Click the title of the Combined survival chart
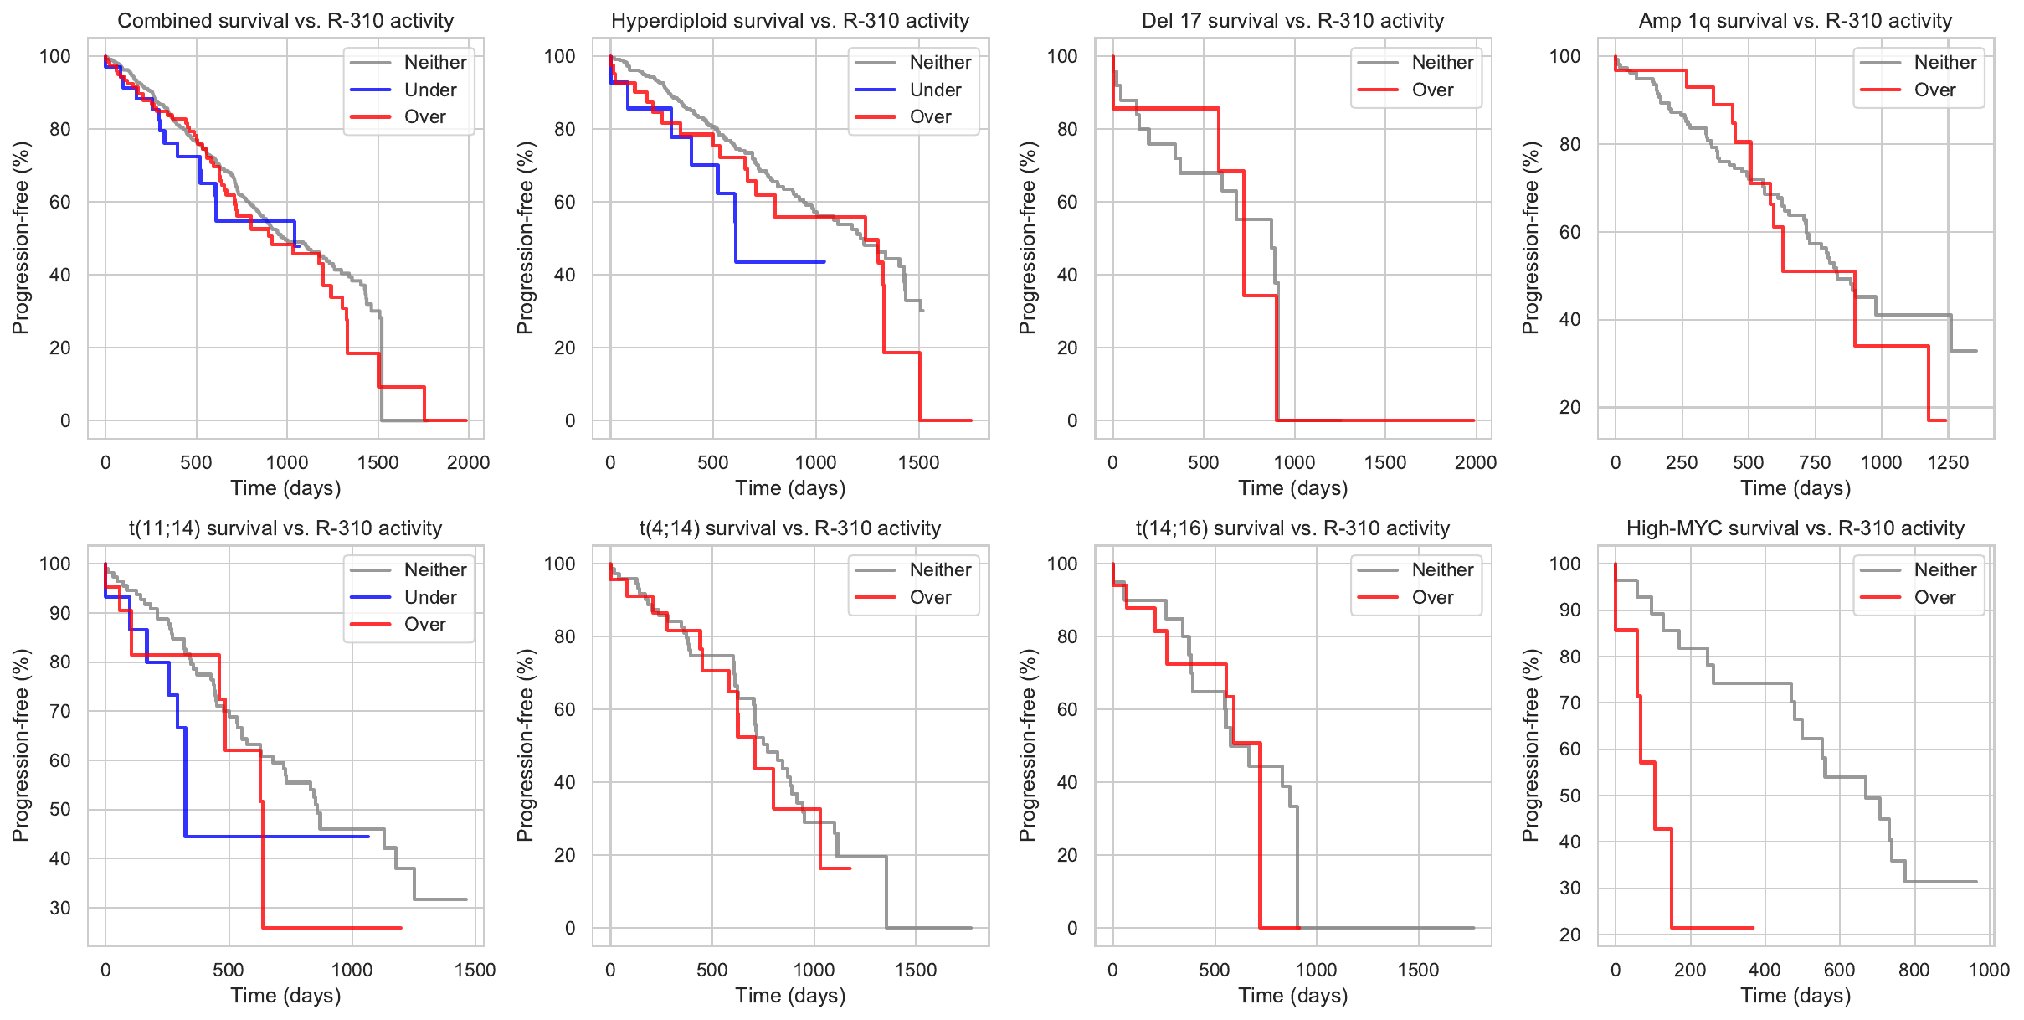click(285, 21)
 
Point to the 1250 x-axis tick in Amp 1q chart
click(1948, 462)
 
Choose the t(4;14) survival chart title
click(789, 528)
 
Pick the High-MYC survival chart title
click(1795, 528)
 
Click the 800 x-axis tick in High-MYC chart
click(1914, 970)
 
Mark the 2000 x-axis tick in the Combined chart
click(468, 462)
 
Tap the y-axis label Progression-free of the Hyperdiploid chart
click(525, 238)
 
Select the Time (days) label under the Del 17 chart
click(1292, 488)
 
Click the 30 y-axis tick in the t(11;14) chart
click(60, 908)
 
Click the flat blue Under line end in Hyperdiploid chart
click(824, 262)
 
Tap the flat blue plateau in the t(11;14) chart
click(276, 837)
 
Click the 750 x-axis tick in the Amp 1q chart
click(1815, 462)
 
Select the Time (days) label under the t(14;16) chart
click(1292, 996)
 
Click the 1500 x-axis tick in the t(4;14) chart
click(916, 970)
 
